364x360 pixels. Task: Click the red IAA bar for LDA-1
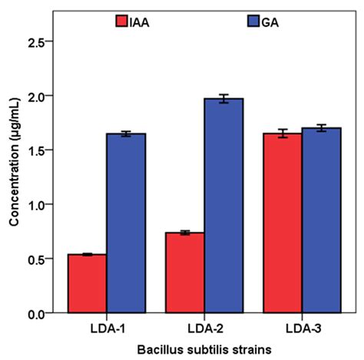pyautogui.click(x=87, y=284)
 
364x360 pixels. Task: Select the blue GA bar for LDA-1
pyautogui.click(x=126, y=223)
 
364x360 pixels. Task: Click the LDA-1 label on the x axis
pyautogui.click(x=107, y=329)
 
